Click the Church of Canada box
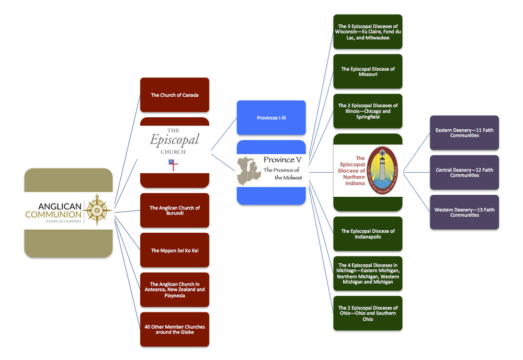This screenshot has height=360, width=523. pos(175,95)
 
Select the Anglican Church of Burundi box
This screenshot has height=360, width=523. pos(175,210)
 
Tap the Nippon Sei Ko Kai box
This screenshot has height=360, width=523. pos(175,250)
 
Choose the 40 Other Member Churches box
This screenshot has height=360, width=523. pos(175,329)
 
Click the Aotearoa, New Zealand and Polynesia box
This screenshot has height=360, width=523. pos(175,290)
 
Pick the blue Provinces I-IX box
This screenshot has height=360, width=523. pos(271,118)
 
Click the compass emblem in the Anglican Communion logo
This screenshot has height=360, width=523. pos(97,210)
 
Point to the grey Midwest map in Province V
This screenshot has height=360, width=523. pos(249,170)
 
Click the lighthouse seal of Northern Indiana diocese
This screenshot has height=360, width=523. pos(385,171)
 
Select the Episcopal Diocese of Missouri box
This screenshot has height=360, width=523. pos(368,72)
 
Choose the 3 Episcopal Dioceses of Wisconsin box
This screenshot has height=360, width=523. pos(368,32)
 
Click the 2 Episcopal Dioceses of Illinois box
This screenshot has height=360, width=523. pos(368,111)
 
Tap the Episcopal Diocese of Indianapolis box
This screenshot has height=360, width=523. pos(368,234)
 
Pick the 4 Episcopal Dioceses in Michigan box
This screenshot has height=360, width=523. pos(368,274)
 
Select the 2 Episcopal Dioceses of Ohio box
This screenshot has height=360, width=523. pos(368,313)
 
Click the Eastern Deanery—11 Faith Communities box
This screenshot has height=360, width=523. pos(464,132)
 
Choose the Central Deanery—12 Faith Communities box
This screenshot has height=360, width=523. pos(464,172)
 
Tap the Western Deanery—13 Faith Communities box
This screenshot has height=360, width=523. pos(464,212)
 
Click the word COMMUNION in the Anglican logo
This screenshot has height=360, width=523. pos(53,214)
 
